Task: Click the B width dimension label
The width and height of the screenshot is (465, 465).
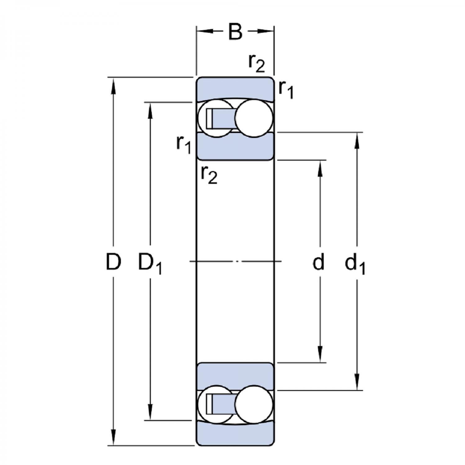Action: [x=235, y=31]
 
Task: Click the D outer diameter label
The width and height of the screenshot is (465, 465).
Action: [x=113, y=262]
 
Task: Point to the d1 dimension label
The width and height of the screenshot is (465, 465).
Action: [x=355, y=263]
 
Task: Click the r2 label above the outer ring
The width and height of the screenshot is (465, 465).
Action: [x=257, y=63]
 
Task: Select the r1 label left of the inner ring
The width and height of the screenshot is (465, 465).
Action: [x=184, y=144]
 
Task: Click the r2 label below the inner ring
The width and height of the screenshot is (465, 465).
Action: [x=209, y=175]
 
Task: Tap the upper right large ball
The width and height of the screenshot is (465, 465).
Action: [x=254, y=118]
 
